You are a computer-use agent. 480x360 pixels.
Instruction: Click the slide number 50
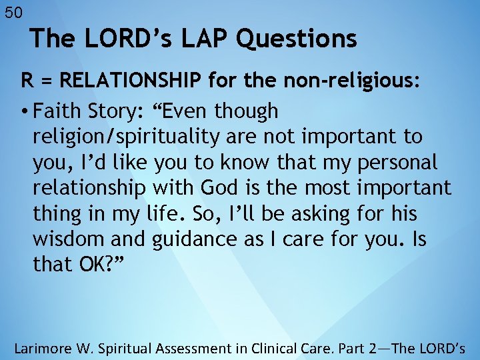pyautogui.click(x=13, y=12)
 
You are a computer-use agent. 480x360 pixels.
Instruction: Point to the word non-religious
pyautogui.click(x=352, y=81)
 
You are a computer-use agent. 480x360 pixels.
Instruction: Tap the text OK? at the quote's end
pyautogui.click(x=97, y=265)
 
